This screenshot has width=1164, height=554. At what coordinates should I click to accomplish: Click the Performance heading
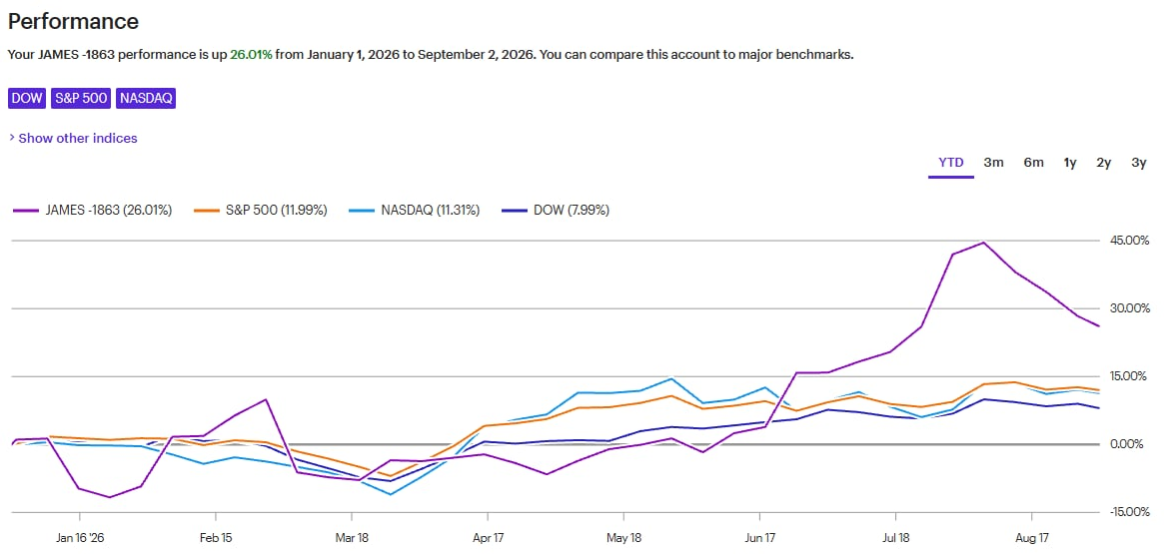click(x=73, y=21)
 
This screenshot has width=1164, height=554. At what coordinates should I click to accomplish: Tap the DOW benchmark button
click(x=27, y=99)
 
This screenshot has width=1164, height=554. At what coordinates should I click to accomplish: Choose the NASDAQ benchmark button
click(x=146, y=99)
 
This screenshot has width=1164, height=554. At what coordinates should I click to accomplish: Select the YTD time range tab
click(x=951, y=163)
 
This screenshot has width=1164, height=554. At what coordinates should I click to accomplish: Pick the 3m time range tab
click(x=993, y=163)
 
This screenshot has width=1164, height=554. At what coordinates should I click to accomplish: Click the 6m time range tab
click(x=1033, y=163)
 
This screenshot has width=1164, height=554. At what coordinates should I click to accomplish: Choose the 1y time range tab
click(x=1070, y=163)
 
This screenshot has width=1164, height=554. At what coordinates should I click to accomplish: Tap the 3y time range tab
click(x=1139, y=163)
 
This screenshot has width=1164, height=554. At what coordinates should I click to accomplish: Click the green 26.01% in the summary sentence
click(x=251, y=55)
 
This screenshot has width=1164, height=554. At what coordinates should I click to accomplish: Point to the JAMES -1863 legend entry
click(x=93, y=211)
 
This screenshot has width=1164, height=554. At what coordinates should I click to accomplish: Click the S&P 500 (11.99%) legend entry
click(x=261, y=211)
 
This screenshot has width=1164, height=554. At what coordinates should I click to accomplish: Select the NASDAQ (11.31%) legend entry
click(x=415, y=211)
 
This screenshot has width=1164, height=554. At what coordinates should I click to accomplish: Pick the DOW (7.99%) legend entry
click(x=556, y=211)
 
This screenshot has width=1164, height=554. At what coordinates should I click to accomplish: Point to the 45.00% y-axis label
click(x=1130, y=241)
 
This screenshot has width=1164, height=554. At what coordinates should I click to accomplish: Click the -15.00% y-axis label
click(x=1128, y=512)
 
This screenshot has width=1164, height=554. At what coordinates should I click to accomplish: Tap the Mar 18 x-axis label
click(x=352, y=536)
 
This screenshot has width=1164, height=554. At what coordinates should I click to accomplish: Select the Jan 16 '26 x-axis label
click(x=79, y=536)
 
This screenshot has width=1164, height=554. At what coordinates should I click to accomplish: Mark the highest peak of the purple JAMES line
click(x=983, y=243)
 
